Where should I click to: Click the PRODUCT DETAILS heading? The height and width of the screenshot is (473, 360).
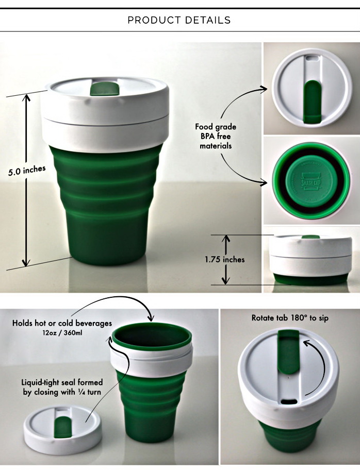click(179, 20)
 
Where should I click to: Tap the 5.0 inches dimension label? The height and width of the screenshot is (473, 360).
click(27, 171)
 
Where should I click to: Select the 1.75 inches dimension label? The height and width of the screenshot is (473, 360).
click(225, 259)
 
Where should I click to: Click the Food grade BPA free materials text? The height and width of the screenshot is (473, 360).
click(216, 136)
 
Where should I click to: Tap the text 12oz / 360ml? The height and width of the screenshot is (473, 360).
click(62, 333)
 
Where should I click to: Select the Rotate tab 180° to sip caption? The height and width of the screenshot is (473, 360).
click(290, 318)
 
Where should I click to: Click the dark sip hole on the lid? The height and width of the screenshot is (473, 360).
click(289, 401)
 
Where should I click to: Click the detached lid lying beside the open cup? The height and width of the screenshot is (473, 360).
click(63, 429)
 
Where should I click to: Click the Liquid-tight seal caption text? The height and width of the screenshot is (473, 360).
click(62, 387)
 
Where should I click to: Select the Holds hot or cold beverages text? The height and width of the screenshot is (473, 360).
click(62, 323)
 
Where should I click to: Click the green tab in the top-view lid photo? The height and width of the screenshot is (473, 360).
click(312, 102)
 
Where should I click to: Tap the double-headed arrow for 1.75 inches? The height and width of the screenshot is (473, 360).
click(225, 260)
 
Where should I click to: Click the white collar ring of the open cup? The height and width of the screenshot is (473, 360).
click(152, 360)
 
